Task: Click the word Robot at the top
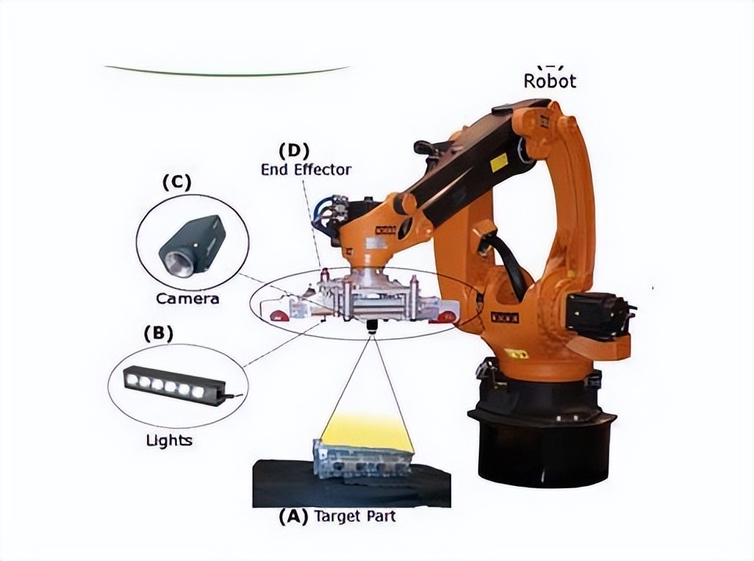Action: coord(549,80)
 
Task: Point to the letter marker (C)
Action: coord(176,182)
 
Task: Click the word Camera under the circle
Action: coord(188,298)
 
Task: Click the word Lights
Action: coord(169,440)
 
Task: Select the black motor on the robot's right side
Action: coord(598,313)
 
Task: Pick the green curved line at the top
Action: coord(227,72)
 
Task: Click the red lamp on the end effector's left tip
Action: coord(278,314)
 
